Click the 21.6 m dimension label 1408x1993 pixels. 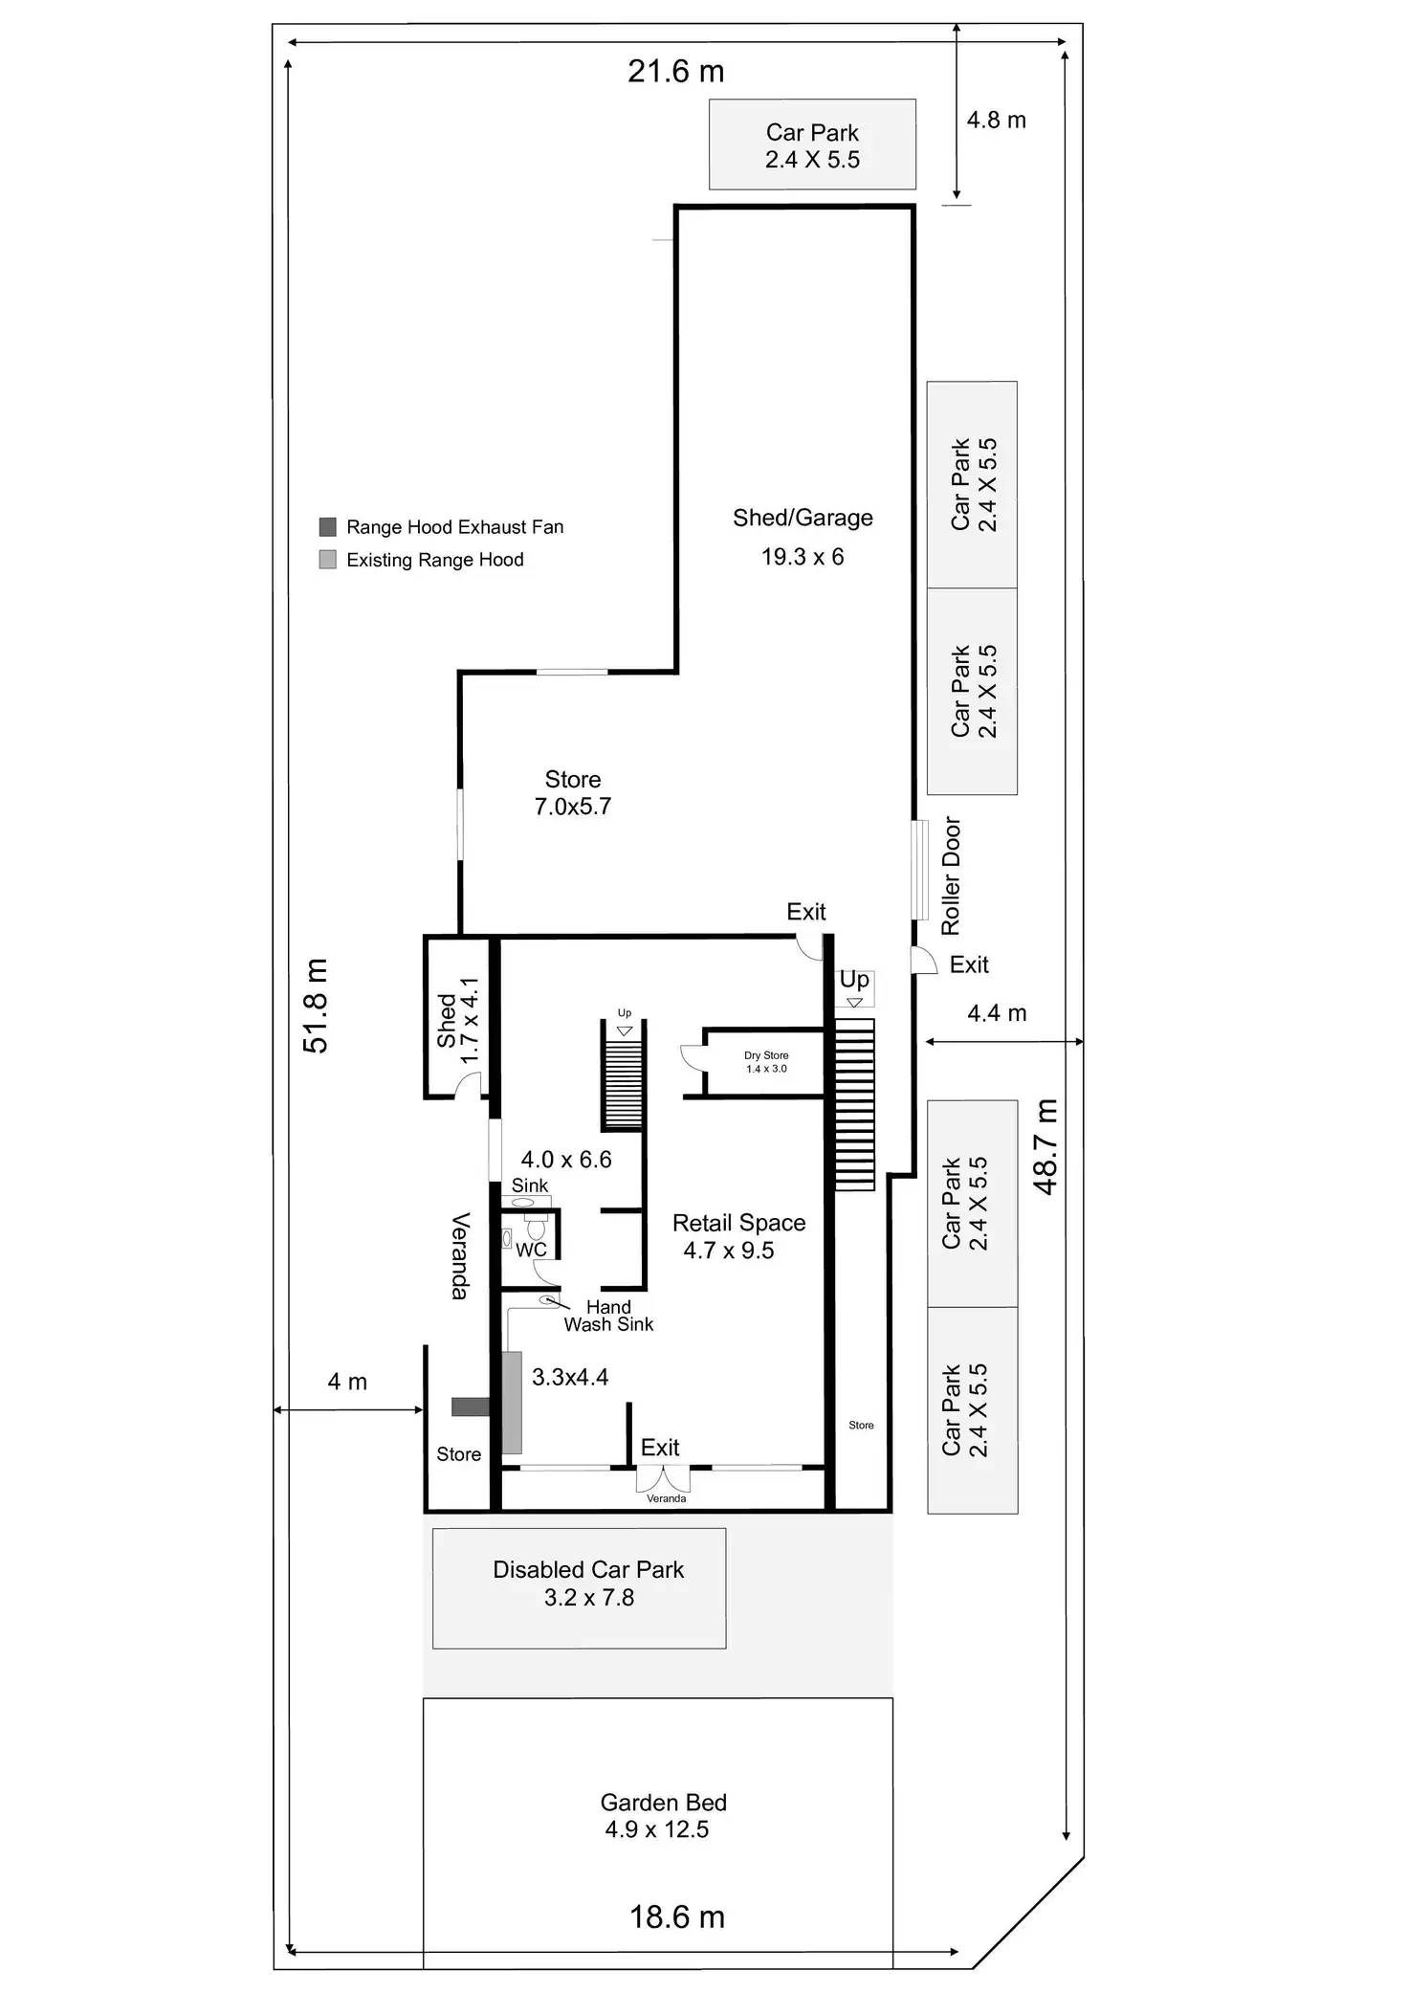click(x=675, y=72)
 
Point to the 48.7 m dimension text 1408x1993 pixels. click(x=1046, y=1146)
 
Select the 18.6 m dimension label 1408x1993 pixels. click(x=676, y=1916)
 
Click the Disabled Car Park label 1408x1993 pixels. click(x=588, y=1570)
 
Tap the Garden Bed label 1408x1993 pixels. click(x=663, y=1803)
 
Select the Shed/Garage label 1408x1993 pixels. click(x=803, y=518)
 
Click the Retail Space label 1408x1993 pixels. click(x=738, y=1223)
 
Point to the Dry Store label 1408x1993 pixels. click(x=766, y=1056)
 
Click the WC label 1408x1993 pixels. click(x=531, y=1250)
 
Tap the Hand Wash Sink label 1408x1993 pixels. click(x=608, y=1316)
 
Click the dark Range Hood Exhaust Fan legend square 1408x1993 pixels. click(x=327, y=527)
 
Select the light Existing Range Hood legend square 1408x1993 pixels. click(x=327, y=560)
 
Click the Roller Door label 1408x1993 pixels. click(x=950, y=875)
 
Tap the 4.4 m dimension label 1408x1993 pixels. click(x=997, y=1013)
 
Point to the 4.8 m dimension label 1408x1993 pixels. click(x=996, y=121)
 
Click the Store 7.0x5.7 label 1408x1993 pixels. click(x=573, y=793)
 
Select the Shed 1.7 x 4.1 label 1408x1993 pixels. click(x=457, y=1020)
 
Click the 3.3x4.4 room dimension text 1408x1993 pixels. click(x=570, y=1377)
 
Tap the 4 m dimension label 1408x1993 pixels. click(x=347, y=1382)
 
